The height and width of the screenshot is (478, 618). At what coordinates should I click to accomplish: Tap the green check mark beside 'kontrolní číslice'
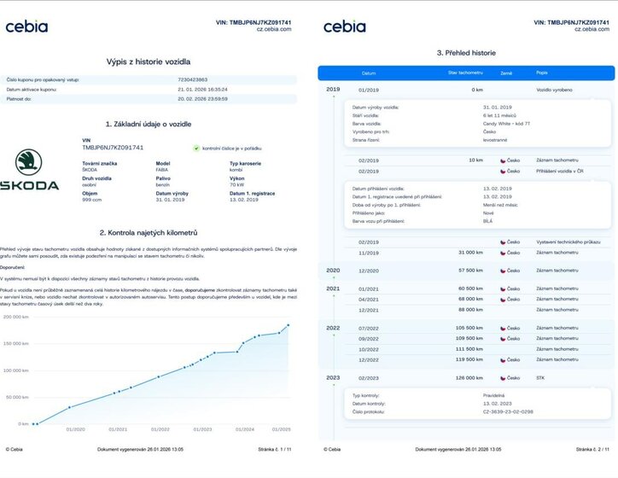(x=196, y=148)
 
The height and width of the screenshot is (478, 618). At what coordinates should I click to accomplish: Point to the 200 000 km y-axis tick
(x=17, y=317)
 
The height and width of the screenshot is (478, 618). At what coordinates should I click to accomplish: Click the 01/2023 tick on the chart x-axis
(x=203, y=430)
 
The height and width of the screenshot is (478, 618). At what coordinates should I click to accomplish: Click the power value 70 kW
(x=238, y=183)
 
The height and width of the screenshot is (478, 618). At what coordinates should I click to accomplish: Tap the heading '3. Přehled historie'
(x=464, y=53)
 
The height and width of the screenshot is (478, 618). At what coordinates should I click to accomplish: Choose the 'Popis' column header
(x=542, y=73)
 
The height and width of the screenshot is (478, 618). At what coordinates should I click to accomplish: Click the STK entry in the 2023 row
(x=540, y=377)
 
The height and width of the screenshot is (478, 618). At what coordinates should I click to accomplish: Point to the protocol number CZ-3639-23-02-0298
(x=508, y=412)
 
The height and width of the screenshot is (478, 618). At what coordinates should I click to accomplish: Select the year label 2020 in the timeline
(x=333, y=270)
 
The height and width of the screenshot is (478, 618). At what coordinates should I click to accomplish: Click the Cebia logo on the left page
(x=27, y=26)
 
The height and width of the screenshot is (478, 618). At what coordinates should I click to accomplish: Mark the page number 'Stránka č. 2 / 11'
(x=592, y=449)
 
